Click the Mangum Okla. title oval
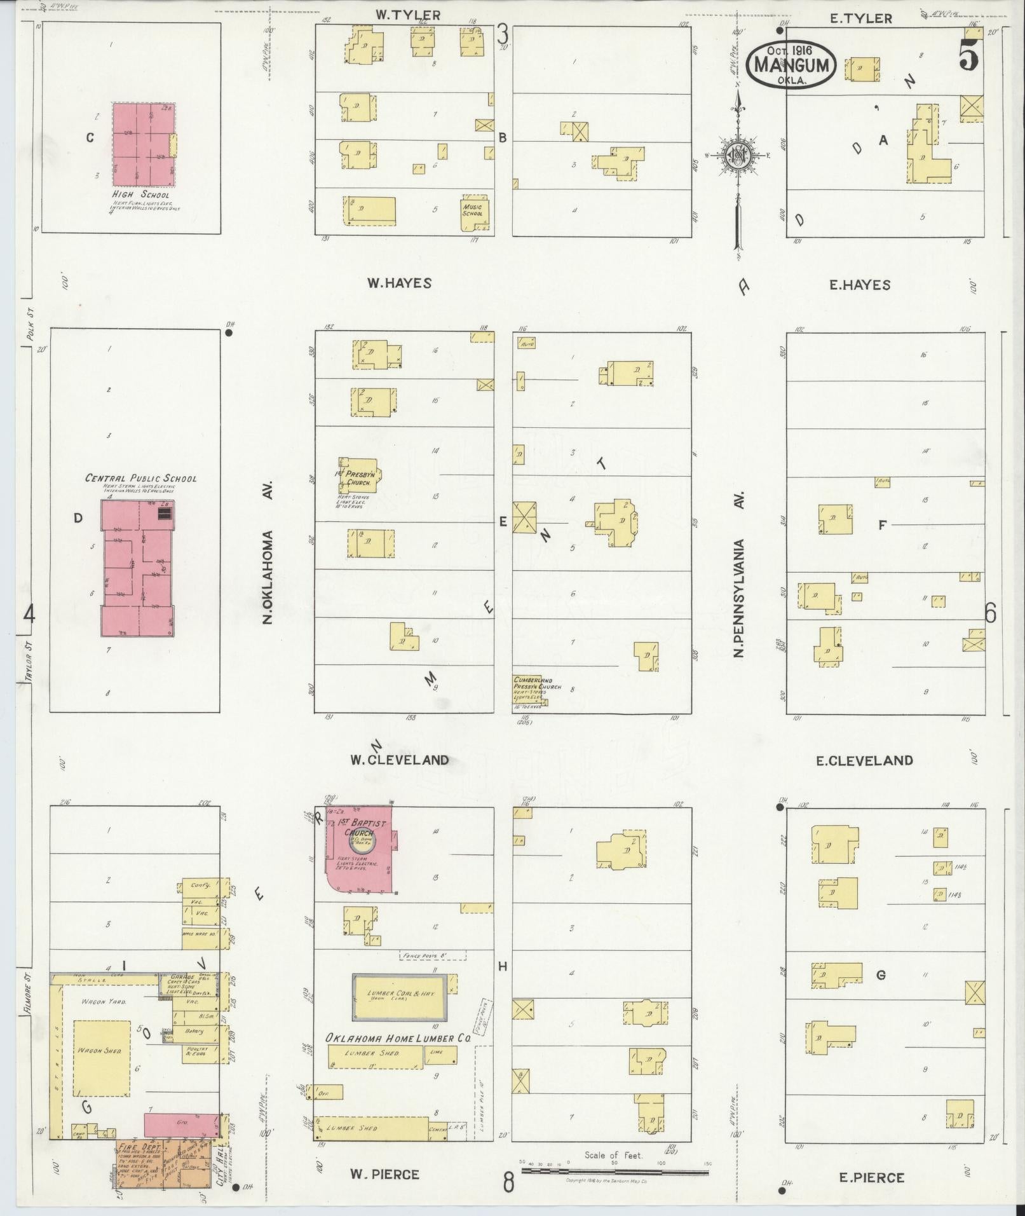tap(791, 64)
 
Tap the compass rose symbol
tap(738, 154)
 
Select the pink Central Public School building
tap(138, 568)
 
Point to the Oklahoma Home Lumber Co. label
tap(398, 1038)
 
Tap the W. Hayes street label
tap(399, 284)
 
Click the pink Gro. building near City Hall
tap(181, 1124)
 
